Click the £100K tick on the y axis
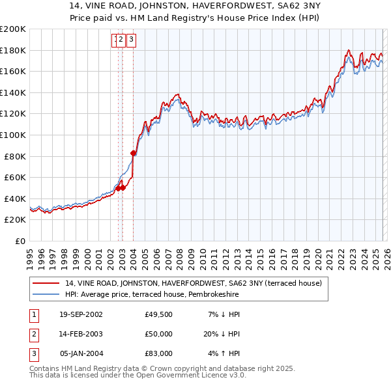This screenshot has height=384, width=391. tap(13, 135)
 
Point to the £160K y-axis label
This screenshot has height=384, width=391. tap(13, 71)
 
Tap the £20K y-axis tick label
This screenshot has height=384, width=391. tap(15, 220)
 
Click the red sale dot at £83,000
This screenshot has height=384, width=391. tap(134, 154)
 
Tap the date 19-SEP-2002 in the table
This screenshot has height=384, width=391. tap(81, 314)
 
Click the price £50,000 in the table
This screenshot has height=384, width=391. tap(159, 334)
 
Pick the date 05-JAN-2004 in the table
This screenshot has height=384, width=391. tap(81, 353)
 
